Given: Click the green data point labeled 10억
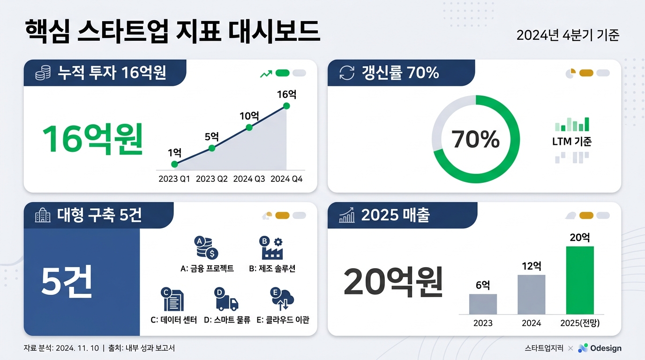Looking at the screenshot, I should coord(249,127).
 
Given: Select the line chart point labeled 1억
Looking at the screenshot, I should coord(174,164).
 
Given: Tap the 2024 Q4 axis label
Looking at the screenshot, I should coord(286,179).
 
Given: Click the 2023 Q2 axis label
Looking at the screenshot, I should coord(211,179).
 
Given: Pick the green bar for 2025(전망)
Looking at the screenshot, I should coord(580,280).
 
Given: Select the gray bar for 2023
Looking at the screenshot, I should coord(483,304).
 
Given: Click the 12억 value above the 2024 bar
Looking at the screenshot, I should coord(532,266).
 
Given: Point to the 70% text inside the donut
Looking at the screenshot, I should coord(475,139).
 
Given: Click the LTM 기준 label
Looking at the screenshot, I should coord(572,141).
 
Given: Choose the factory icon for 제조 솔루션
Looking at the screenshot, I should coord(271,248).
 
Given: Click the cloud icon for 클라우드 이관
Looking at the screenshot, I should coord(283,300).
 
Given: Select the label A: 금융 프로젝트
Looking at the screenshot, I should coord(207,269).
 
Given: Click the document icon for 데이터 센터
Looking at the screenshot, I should coord(173,300).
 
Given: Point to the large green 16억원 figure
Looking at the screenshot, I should coord(92,139).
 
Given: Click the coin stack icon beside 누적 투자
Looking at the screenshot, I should coord(43,73).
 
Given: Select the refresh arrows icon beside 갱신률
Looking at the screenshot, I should coord(347,73).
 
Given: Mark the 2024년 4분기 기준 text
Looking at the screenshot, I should coord(568,35).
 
